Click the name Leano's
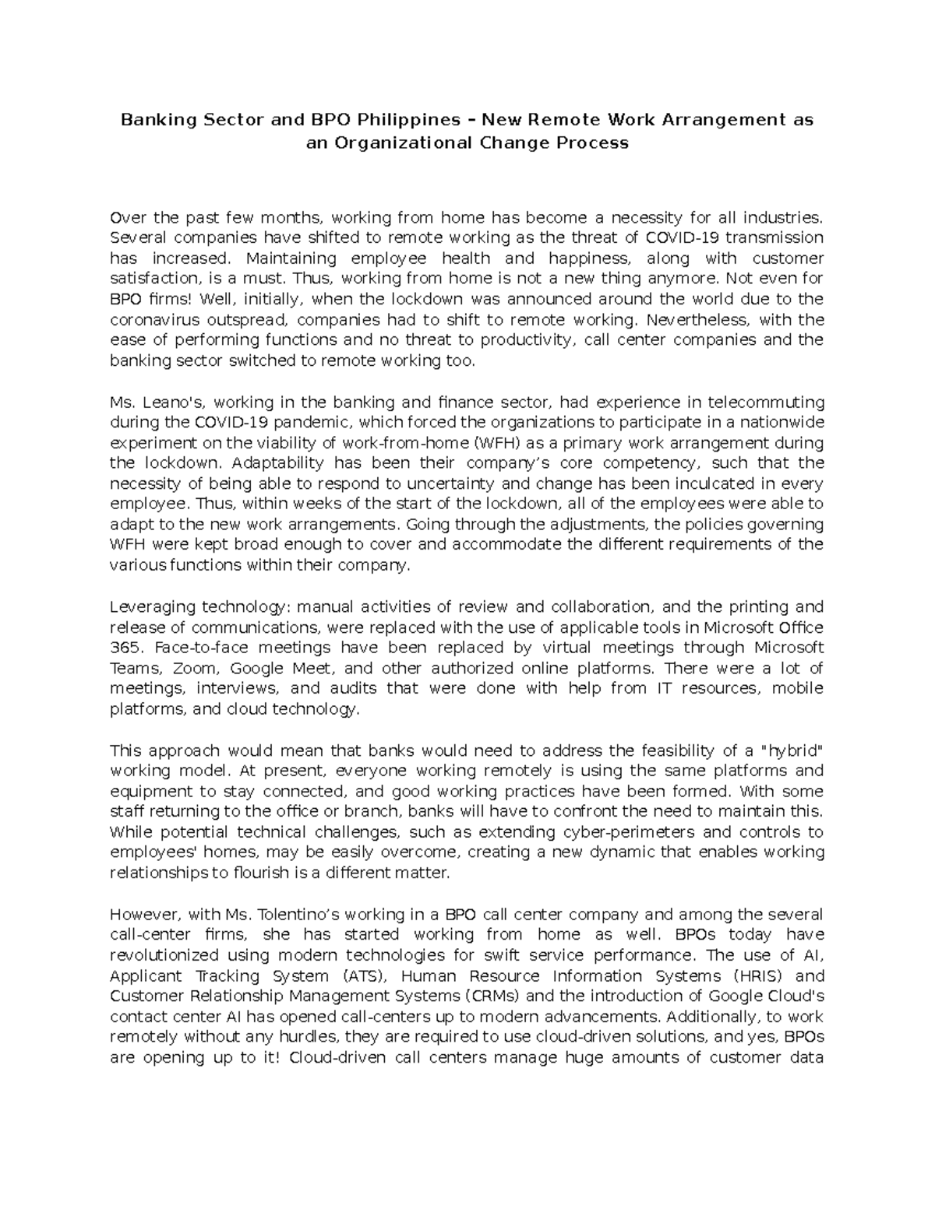coord(174,402)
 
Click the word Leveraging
coord(153,606)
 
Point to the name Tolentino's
coord(295,914)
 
